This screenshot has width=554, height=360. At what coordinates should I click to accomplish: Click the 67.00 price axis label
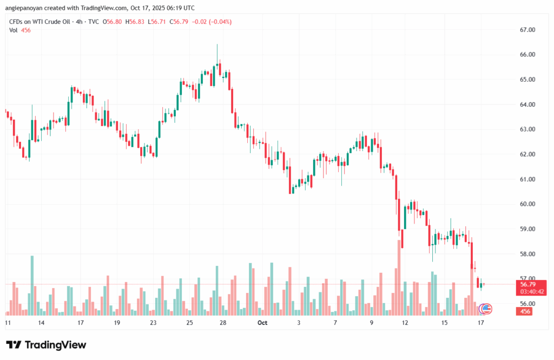click(527, 30)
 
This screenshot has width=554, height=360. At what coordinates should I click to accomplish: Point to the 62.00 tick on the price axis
click(527, 154)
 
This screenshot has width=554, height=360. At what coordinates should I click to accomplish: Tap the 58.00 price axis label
click(527, 254)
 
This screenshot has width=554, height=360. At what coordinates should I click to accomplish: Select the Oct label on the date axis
click(262, 323)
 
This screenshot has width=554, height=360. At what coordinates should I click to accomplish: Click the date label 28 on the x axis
click(222, 323)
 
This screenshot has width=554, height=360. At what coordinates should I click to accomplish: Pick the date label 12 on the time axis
click(405, 323)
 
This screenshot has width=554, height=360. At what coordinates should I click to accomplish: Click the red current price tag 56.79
click(528, 284)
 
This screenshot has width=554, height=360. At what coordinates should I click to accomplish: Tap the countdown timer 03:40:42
click(532, 291)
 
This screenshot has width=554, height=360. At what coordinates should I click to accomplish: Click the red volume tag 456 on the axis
click(525, 311)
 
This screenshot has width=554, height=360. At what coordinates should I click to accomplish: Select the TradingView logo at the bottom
click(46, 345)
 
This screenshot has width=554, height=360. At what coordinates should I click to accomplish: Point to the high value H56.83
click(136, 22)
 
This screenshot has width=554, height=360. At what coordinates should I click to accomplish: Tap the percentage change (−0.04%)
click(217, 22)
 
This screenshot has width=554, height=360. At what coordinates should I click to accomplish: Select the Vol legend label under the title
click(14, 30)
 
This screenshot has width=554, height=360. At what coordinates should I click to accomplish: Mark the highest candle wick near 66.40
click(217, 45)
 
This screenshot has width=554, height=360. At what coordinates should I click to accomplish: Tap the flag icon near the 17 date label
click(486, 309)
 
